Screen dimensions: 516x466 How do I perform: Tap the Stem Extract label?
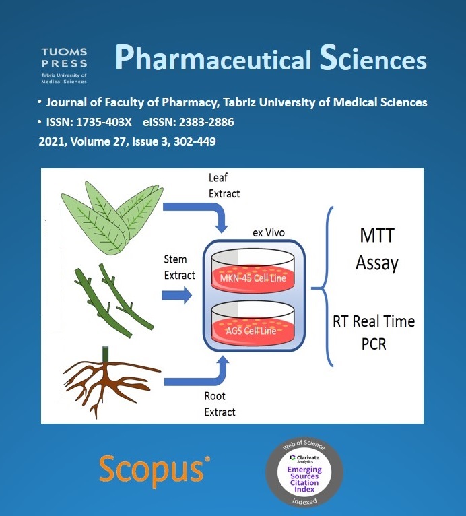[179, 267]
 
